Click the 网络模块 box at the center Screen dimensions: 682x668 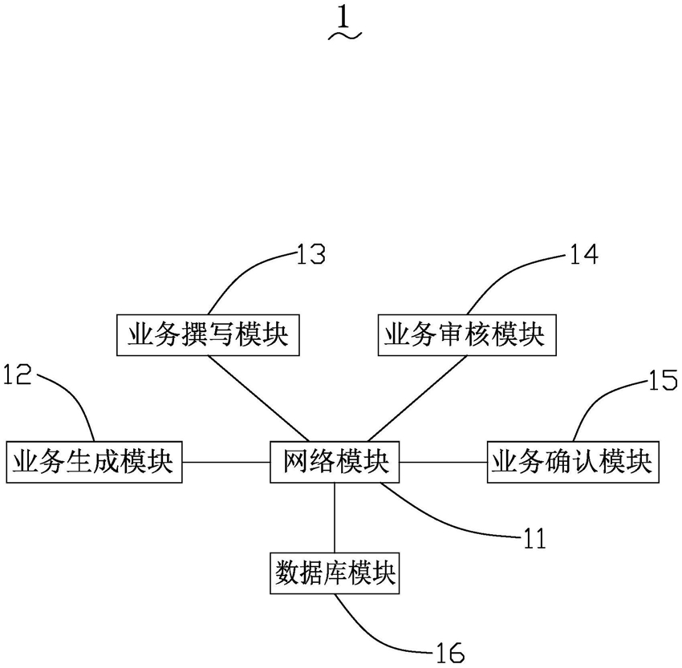335,462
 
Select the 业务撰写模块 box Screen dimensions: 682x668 208,335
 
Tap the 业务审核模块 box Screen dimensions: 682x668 467,335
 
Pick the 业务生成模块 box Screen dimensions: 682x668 94,462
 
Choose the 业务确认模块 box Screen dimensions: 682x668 573,462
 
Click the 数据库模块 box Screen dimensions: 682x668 335,573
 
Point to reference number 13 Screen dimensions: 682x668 311,254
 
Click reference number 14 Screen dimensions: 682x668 583,254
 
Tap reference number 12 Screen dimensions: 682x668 18,374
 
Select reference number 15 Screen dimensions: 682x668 663,379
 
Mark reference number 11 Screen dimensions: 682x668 534,538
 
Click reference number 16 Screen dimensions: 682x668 450,653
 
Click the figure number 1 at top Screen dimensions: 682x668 343,18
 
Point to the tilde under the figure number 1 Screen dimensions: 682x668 345,36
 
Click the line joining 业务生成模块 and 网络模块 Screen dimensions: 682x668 226,462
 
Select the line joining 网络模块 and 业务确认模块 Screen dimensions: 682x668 443,462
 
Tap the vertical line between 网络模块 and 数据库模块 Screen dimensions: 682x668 335,517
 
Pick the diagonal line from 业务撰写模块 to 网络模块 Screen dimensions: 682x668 258,399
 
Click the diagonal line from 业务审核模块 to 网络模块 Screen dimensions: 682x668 417,399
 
